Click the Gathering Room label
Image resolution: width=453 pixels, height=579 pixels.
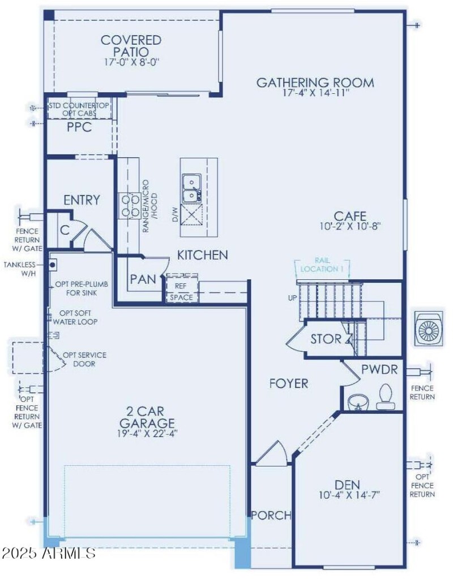[315, 83]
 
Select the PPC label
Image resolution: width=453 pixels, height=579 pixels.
[79, 128]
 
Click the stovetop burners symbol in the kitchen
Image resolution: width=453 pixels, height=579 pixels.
[129, 205]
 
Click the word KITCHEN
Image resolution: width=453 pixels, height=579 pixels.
[203, 255]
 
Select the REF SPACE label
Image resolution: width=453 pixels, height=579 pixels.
[181, 292]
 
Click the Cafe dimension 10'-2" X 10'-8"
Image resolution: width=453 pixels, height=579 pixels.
[349, 227]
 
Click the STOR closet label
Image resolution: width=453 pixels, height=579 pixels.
[326, 339]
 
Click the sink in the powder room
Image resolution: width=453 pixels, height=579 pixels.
[356, 401]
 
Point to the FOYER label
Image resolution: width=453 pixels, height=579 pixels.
[289, 383]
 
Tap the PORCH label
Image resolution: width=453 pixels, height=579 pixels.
[271, 515]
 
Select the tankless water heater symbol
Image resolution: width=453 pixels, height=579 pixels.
[52, 263]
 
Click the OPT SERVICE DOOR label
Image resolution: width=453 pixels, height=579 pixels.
[84, 359]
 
